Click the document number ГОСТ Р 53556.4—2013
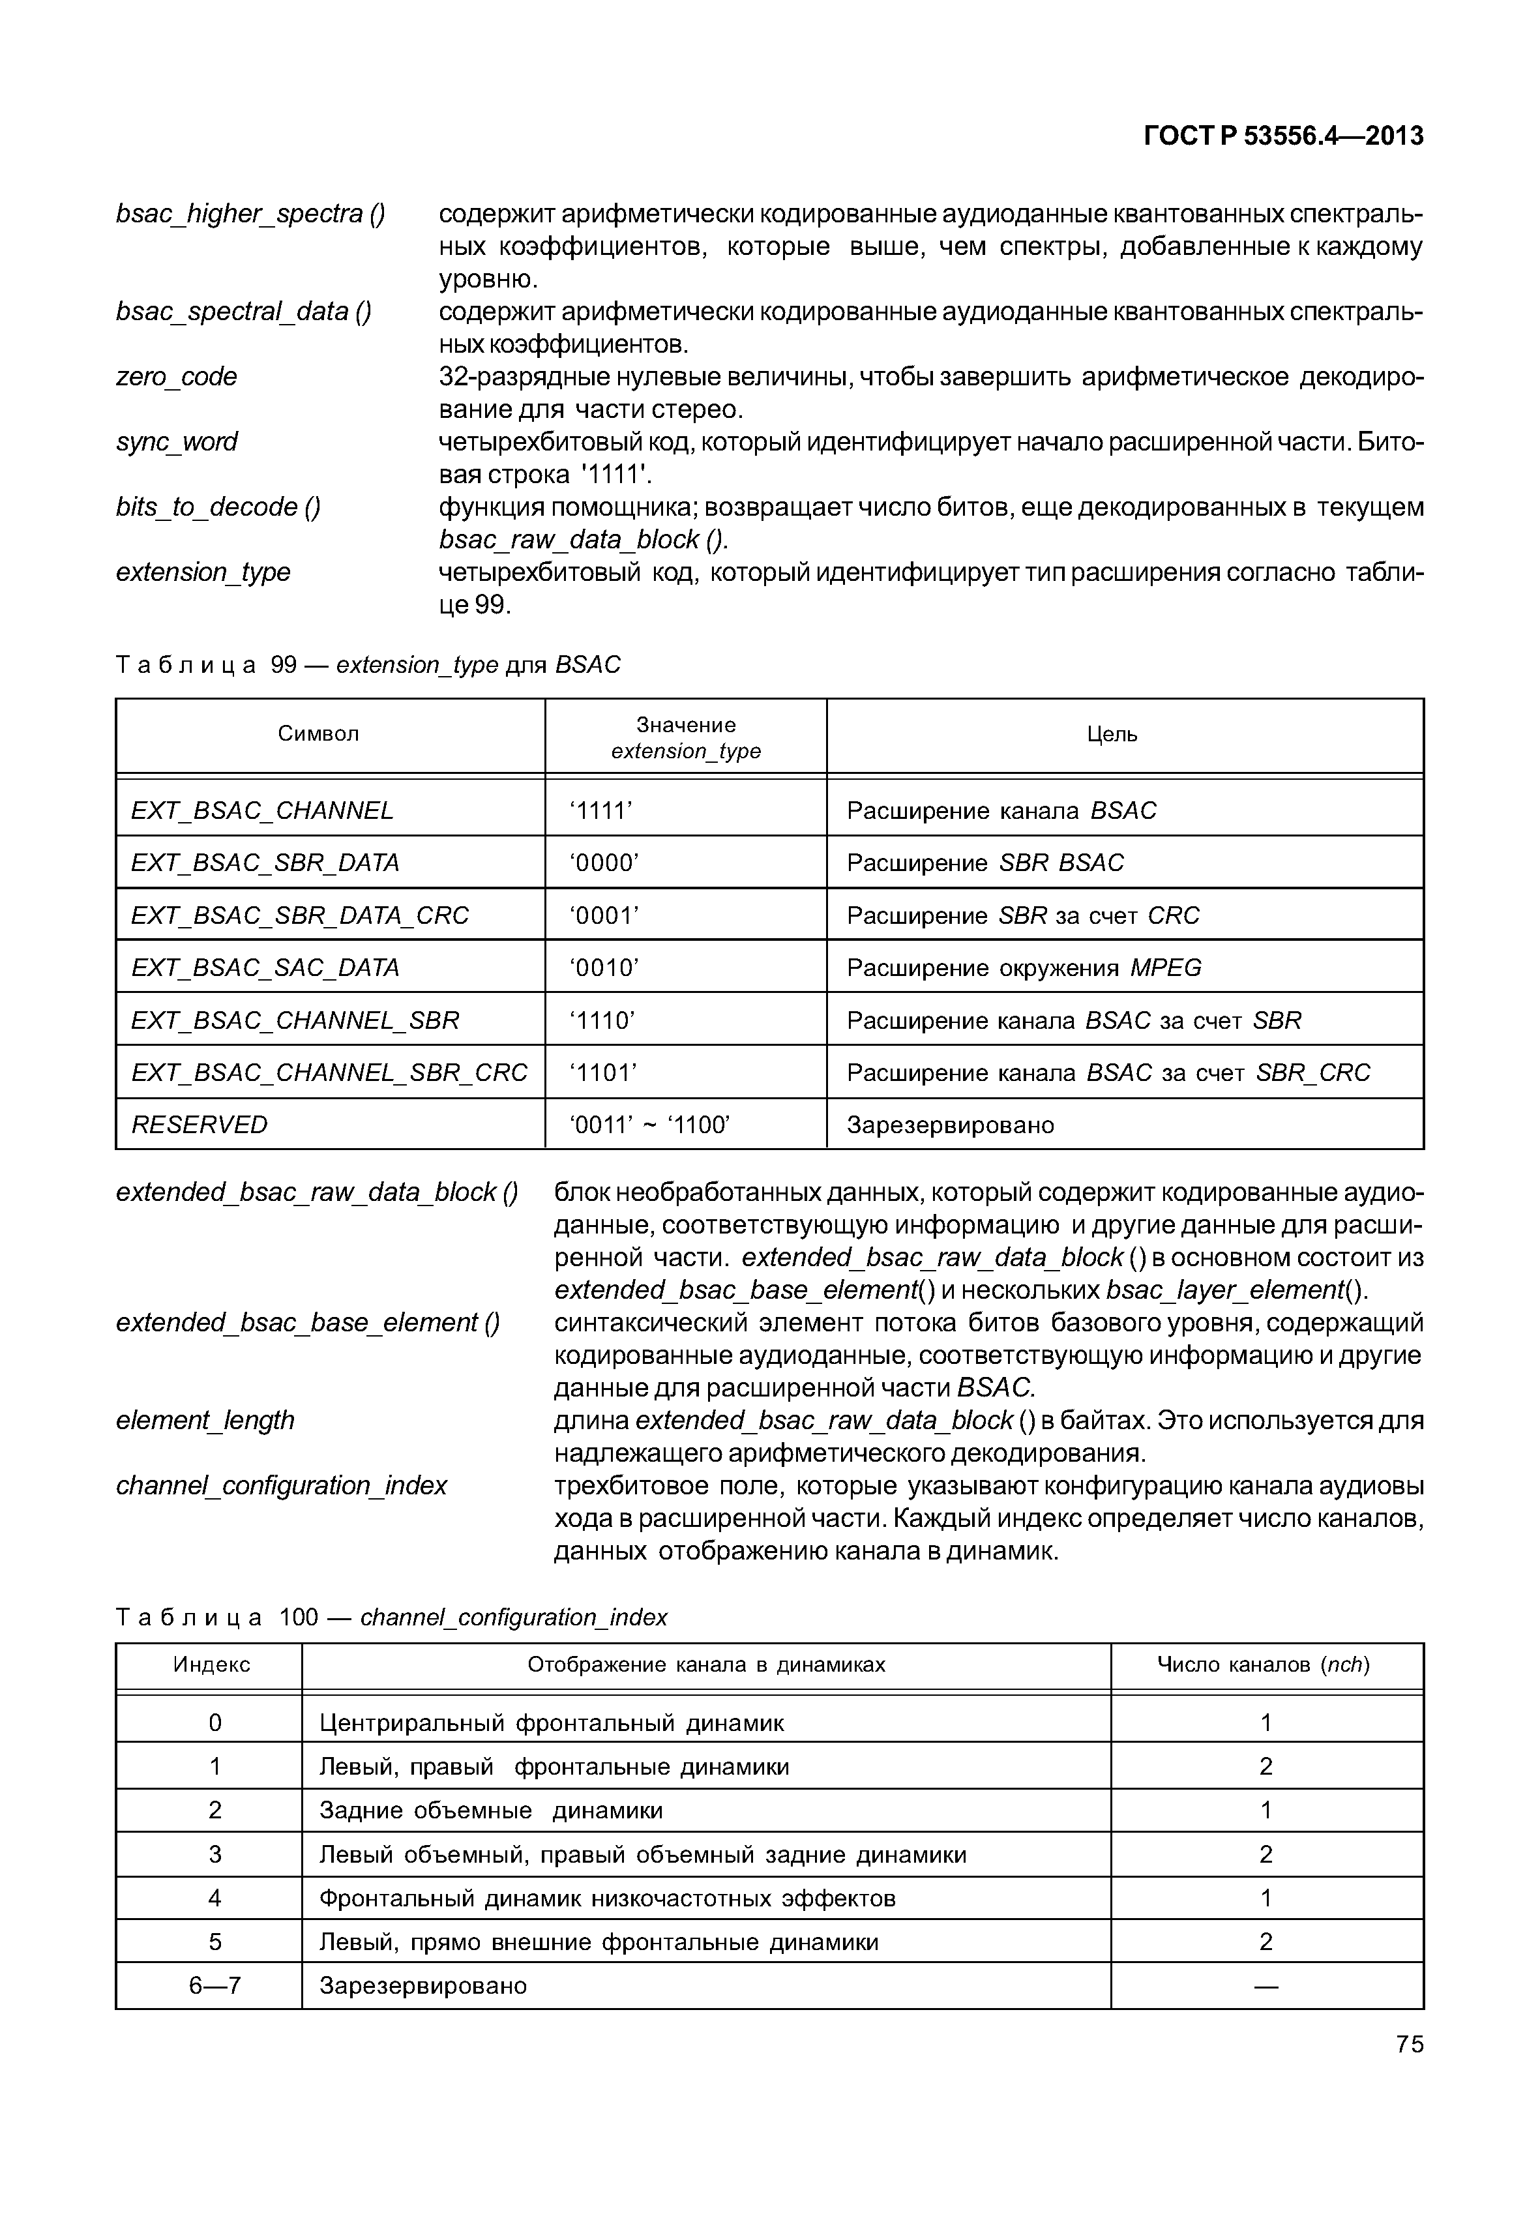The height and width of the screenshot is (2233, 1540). coord(1282,136)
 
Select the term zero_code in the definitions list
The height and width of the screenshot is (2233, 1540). coord(177,376)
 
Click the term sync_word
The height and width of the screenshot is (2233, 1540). coord(177,442)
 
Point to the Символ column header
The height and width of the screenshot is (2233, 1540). coord(318,733)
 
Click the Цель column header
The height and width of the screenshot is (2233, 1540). coord(1112,734)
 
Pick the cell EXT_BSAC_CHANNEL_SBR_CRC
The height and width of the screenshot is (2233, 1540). coord(329,1072)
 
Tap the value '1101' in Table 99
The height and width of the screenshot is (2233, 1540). coord(604,1072)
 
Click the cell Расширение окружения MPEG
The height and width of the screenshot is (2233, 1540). coord(1024,968)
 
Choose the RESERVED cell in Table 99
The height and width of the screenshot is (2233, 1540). coord(200,1124)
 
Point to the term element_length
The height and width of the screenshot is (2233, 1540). coord(205,1421)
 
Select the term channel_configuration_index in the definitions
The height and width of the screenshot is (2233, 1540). coord(282,1485)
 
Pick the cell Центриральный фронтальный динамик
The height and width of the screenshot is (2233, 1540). coord(551,1723)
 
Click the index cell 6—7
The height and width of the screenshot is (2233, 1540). coord(215,1986)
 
